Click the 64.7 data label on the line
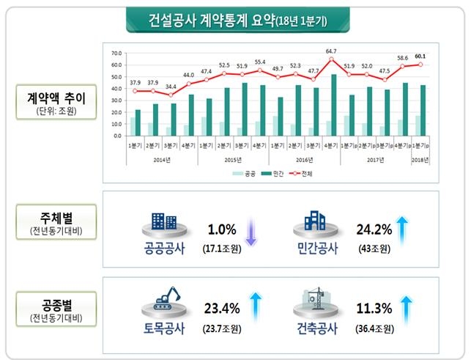(x=331, y=51)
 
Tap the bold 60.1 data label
(x=420, y=56)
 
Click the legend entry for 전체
(x=292, y=174)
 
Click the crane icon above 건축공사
(x=313, y=299)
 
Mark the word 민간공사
(x=314, y=248)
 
